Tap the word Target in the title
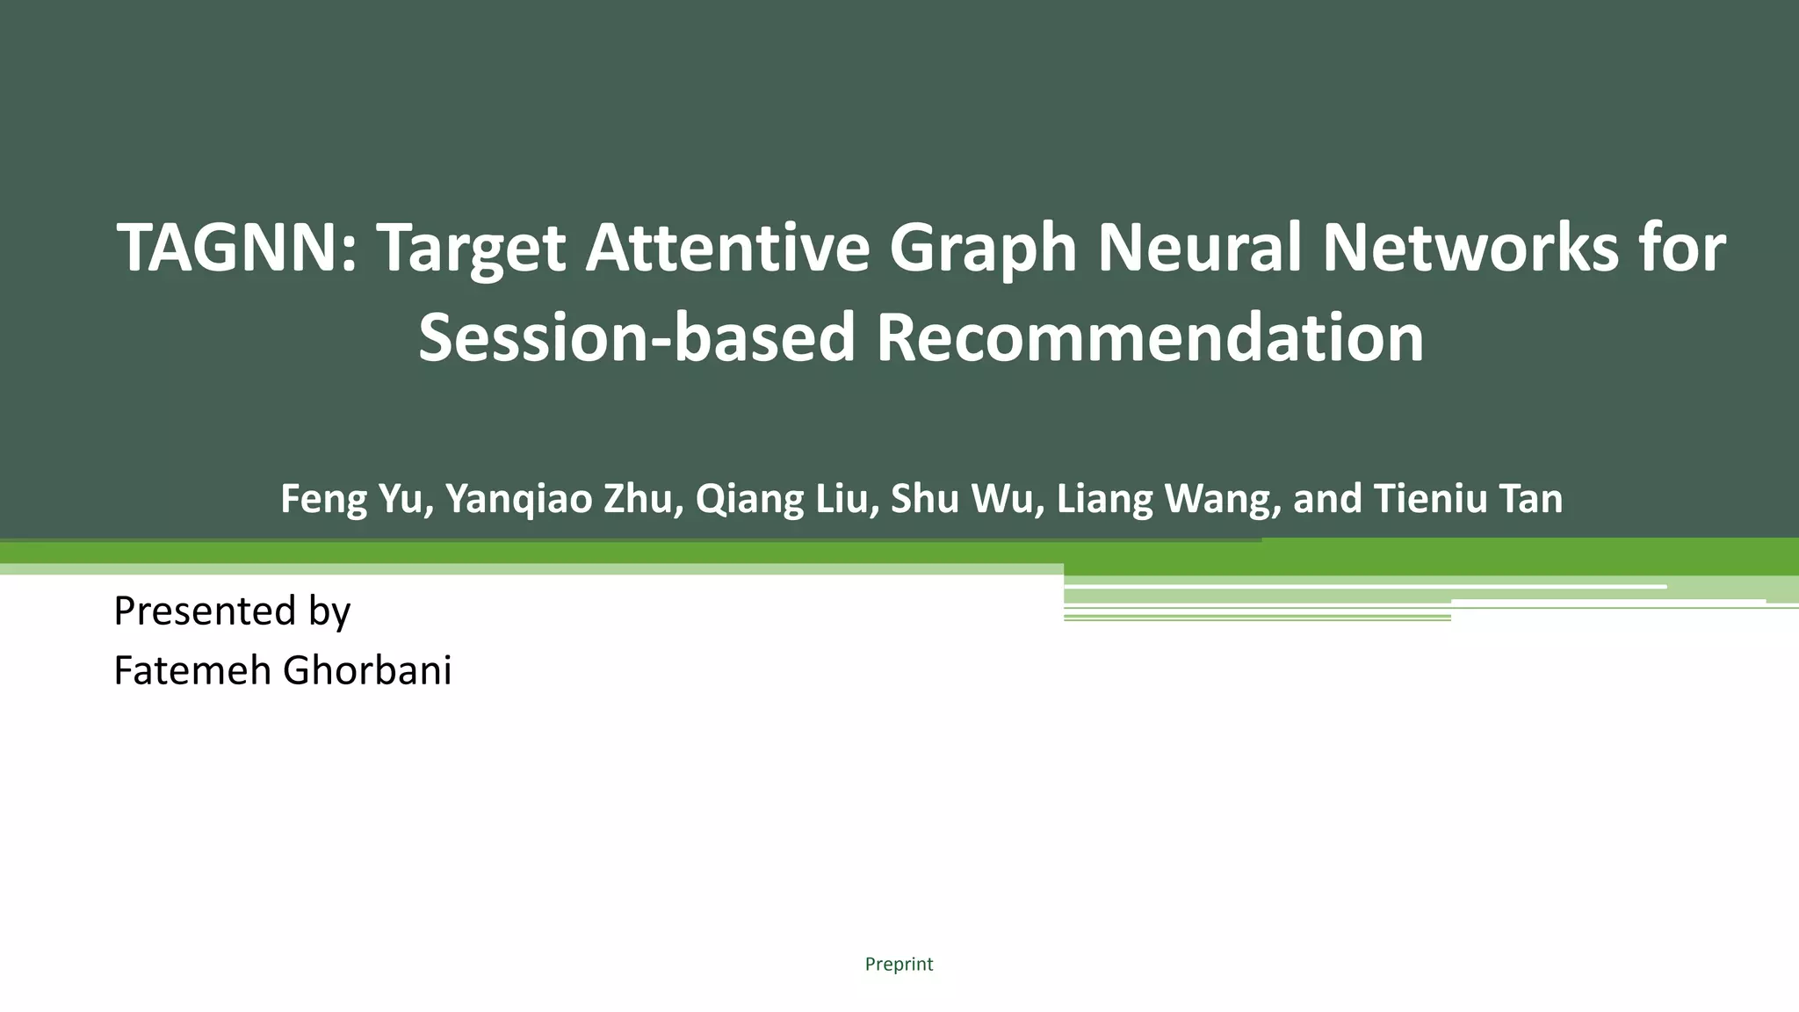471,249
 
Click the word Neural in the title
1200,249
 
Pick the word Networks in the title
1470,249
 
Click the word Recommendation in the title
1150,338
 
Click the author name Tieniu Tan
1468,499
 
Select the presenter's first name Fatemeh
191,671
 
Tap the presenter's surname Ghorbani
367,671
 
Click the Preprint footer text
899,965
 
